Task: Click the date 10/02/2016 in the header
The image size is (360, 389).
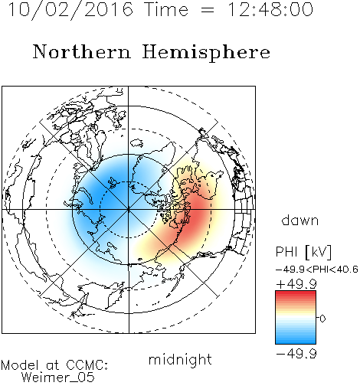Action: tap(70, 9)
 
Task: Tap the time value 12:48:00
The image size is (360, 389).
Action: tap(270, 9)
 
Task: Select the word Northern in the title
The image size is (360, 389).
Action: tap(82, 51)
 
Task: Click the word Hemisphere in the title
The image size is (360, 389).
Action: tap(206, 53)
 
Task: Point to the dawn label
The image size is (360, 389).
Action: tap(300, 221)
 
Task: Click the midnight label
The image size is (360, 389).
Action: tap(180, 359)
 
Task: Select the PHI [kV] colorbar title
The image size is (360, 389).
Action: tap(303, 252)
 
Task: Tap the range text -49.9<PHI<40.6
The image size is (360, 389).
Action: tap(316, 270)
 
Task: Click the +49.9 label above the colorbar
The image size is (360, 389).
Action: tap(296, 284)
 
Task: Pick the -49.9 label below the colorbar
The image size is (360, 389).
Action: tap(296, 354)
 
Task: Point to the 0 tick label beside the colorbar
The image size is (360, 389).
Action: tap(322, 319)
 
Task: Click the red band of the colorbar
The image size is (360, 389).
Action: tap(296, 296)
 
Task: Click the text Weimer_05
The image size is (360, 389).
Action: tap(58, 378)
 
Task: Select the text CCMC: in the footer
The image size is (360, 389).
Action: tap(87, 365)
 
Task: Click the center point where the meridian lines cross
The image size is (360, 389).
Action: tap(129, 210)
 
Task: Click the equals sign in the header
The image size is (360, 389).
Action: tap(208, 10)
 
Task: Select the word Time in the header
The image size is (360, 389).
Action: tap(166, 9)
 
